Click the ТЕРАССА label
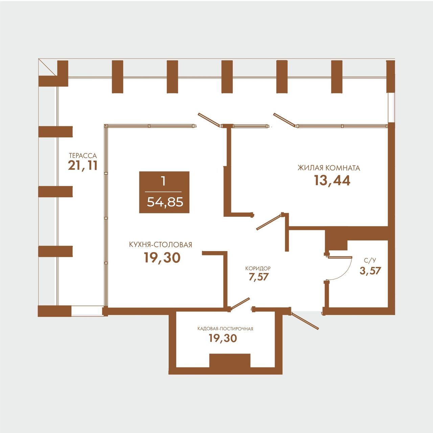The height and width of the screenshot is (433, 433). [x=83, y=156]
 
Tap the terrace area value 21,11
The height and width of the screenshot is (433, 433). [x=83, y=166]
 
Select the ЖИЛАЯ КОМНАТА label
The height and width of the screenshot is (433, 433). [x=329, y=168]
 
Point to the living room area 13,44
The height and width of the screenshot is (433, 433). [x=332, y=181]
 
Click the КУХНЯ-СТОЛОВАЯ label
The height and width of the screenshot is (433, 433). [x=160, y=245]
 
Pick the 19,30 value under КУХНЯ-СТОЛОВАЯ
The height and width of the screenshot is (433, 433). [x=162, y=257]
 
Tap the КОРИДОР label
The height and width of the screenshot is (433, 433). [x=258, y=268]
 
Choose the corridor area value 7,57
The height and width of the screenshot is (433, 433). [x=259, y=277]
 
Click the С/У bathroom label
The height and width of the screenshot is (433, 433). [x=370, y=260]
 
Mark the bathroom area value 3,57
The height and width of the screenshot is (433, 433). [x=370, y=271]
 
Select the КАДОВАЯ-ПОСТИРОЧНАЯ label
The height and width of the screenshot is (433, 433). [x=225, y=329]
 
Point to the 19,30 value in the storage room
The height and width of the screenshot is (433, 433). [x=223, y=338]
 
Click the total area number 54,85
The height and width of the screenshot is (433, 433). [x=165, y=202]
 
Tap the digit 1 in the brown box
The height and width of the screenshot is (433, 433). [x=163, y=182]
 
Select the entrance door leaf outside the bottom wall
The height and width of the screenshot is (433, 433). [x=305, y=321]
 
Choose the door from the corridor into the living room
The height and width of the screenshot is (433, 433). [x=269, y=222]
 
